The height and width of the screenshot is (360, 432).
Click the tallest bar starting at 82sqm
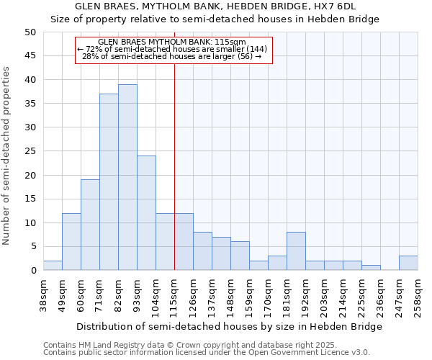[x=127, y=177]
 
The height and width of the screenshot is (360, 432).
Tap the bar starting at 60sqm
[x=90, y=225]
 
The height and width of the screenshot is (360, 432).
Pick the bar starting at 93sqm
[x=146, y=213]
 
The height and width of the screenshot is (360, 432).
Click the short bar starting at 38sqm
[x=53, y=266]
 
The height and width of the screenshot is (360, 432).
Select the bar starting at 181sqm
[x=296, y=251]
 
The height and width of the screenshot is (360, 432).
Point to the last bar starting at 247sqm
[x=408, y=264]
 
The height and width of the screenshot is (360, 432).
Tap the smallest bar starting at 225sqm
[x=371, y=268]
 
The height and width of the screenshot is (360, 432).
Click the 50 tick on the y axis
[x=30, y=32]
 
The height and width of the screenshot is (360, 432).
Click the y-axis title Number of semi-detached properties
[x=6, y=156]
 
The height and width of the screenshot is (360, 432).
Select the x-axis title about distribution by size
[x=230, y=326]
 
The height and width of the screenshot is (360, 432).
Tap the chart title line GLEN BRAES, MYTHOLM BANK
[x=215, y=6]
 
